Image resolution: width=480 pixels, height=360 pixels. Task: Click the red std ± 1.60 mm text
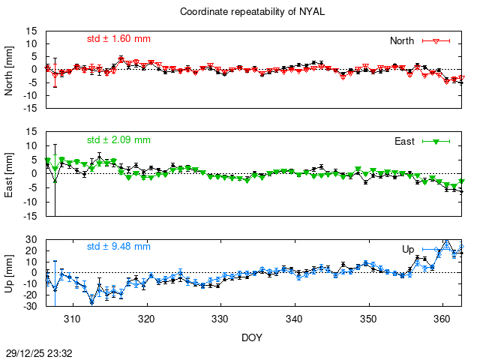(x=118, y=39)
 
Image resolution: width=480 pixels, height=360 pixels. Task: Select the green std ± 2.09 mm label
(x=118, y=139)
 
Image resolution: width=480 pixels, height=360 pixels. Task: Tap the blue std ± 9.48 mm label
(x=118, y=246)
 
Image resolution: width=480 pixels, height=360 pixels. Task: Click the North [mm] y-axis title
(x=10, y=69)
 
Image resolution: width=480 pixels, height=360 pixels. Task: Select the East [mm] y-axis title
(x=10, y=173)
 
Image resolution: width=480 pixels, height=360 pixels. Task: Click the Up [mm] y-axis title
(x=10, y=272)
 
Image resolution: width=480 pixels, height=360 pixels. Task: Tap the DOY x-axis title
(x=252, y=338)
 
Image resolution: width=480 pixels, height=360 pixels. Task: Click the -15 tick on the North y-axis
(x=31, y=108)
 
